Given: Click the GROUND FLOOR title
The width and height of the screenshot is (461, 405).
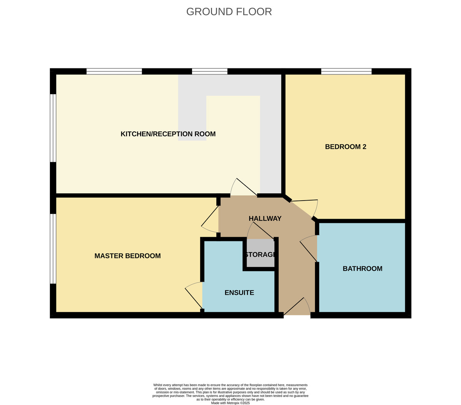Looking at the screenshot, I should (229, 12).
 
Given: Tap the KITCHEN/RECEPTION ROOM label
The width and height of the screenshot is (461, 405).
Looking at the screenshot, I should (168, 134).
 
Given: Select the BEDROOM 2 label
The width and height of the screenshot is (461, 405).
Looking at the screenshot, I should (345, 147).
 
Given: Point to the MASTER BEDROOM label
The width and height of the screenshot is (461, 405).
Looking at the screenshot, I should (128, 256).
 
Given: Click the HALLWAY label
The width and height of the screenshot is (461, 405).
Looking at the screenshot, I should (265, 219).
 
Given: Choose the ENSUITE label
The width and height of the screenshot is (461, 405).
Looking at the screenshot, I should (239, 293).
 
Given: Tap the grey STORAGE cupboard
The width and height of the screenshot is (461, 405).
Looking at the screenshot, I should (260, 253).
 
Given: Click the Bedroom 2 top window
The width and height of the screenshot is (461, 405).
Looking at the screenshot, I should (346, 71).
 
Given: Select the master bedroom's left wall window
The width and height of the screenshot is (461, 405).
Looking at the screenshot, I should (53, 249).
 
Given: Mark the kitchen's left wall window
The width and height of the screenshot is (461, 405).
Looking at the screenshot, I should (53, 128).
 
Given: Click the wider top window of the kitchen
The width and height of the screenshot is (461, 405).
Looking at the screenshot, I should (114, 71).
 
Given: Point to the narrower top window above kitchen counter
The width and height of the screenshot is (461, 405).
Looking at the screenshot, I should (209, 71).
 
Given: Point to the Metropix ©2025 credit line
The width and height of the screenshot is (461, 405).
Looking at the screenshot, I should (230, 403).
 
